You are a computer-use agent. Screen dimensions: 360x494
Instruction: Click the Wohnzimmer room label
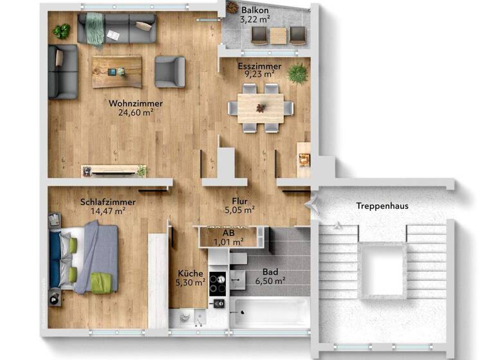(x=135, y=103)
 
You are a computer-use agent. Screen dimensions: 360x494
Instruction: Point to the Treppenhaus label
(x=383, y=206)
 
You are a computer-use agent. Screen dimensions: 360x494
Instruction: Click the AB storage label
(x=228, y=233)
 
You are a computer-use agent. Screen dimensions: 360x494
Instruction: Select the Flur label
(x=240, y=200)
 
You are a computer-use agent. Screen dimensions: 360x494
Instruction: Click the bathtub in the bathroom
(x=270, y=312)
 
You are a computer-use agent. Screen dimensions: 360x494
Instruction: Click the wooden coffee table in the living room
(x=116, y=71)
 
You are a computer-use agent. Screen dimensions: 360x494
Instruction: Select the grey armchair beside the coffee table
(x=170, y=71)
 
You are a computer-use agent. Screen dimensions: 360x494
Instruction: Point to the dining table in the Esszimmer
(x=261, y=108)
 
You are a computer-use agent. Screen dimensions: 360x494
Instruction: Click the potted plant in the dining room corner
(x=297, y=73)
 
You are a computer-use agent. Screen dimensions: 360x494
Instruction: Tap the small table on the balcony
(x=278, y=36)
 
